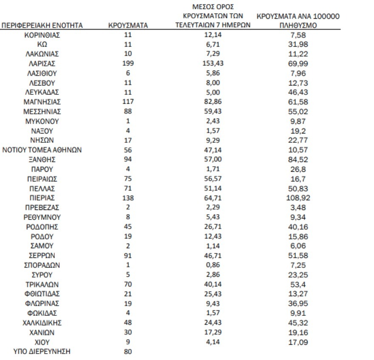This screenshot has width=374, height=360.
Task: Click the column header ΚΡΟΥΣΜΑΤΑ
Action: pyautogui.click(x=128, y=26)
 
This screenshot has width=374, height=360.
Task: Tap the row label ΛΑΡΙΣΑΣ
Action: pyautogui.click(x=42, y=63)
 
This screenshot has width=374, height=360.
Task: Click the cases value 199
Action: pyautogui.click(x=127, y=63)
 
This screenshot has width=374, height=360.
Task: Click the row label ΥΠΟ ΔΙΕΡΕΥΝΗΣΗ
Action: pyautogui.click(x=42, y=351)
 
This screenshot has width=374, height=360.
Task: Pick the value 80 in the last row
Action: pyautogui.click(x=127, y=351)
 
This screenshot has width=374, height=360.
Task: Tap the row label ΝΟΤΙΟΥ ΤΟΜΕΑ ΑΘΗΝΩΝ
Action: pyautogui.click(x=42, y=150)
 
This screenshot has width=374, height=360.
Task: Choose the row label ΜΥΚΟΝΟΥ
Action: pyautogui.click(x=42, y=121)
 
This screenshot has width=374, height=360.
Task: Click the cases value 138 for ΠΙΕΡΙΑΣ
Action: pyautogui.click(x=127, y=198)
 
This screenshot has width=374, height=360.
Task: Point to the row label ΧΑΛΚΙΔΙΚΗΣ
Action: pyautogui.click(x=42, y=323)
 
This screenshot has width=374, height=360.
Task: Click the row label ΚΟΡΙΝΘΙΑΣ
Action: pyautogui.click(x=42, y=35)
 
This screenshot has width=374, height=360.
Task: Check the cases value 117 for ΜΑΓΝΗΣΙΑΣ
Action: pyautogui.click(x=127, y=102)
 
